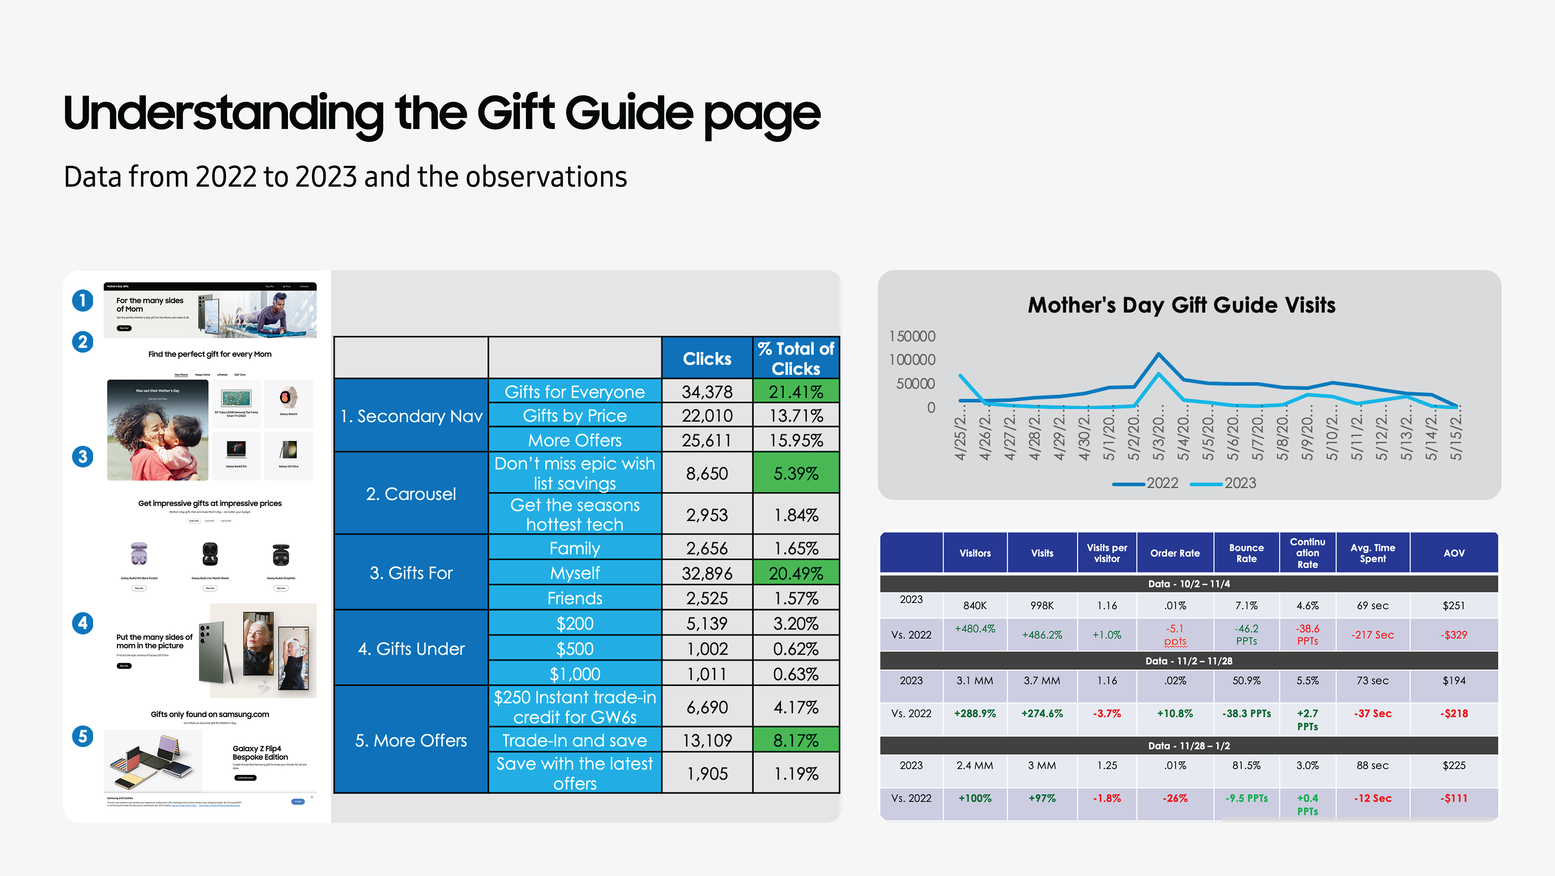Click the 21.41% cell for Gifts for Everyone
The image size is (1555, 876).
[x=796, y=392]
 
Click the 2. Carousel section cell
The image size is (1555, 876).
[x=411, y=494]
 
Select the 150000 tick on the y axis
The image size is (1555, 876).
[x=912, y=336]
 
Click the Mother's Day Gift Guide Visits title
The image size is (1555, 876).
[x=1181, y=305]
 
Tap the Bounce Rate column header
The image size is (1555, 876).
[x=1246, y=553]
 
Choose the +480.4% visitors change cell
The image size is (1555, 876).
[x=974, y=629]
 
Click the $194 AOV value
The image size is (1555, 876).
[x=1454, y=681]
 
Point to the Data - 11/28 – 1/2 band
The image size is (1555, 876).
[x=1188, y=746]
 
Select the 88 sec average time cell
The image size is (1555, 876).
[x=1372, y=765]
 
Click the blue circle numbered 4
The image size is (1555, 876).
[x=83, y=623]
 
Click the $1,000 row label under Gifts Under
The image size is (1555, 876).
[x=574, y=673]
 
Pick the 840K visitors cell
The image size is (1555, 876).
[x=974, y=605]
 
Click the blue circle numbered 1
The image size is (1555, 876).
[x=83, y=300]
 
